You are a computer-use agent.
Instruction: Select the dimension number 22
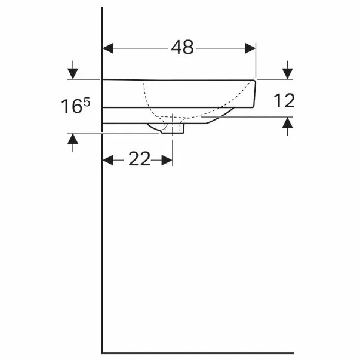tap(139, 159)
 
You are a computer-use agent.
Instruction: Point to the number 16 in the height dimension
tap(71, 107)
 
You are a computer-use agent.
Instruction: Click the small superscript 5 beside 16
tap(87, 103)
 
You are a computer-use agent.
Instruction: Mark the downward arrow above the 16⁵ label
tap(72, 73)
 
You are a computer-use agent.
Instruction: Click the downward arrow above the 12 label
tap(288, 73)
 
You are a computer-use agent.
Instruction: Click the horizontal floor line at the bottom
tap(197, 353)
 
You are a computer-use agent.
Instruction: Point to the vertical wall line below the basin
tap(103, 239)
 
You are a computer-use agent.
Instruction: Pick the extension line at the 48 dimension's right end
tap(256, 60)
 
